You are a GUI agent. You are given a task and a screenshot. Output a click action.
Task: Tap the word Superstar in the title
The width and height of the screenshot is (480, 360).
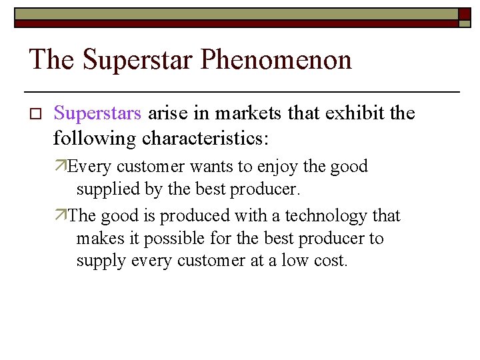pyautogui.click(x=137, y=60)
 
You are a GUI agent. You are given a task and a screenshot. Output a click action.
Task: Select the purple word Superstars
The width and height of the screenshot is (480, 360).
pyautogui.click(x=97, y=113)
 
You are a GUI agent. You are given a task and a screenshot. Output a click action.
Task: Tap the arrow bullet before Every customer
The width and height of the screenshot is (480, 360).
pyautogui.click(x=61, y=166)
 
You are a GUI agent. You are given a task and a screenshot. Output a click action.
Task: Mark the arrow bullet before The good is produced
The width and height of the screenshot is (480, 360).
pyautogui.click(x=61, y=216)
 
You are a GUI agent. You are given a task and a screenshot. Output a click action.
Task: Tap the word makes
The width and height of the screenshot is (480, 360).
pyautogui.click(x=97, y=239)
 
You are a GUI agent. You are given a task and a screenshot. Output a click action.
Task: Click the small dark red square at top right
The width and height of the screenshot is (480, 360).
pyautogui.click(x=465, y=13)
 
